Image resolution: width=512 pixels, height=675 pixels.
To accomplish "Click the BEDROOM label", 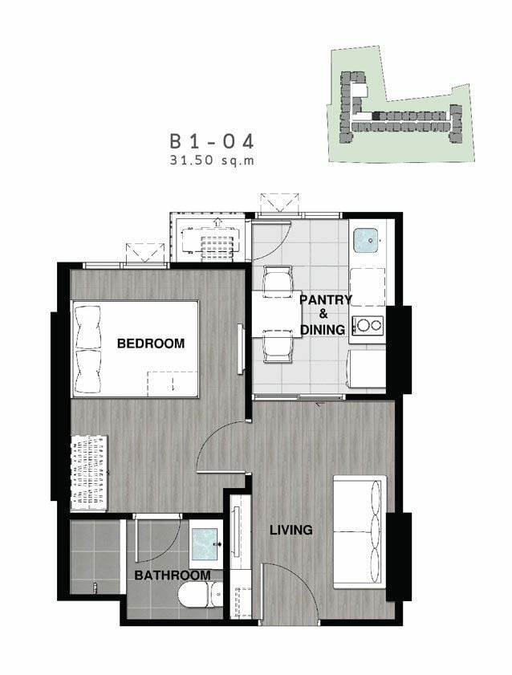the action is pyautogui.click(x=151, y=343).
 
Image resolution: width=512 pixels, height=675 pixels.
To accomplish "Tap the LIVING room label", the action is pyautogui.click(x=291, y=530).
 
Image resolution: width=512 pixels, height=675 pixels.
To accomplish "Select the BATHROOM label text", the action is pyautogui.click(x=173, y=575).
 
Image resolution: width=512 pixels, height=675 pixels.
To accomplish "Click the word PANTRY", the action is pyautogui.click(x=326, y=299).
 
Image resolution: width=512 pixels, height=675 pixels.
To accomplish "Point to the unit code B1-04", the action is pyautogui.click(x=212, y=141).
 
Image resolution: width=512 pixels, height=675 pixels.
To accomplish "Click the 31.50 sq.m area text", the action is pyautogui.click(x=212, y=161).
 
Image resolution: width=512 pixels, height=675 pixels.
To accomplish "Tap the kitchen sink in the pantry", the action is pyautogui.click(x=366, y=240).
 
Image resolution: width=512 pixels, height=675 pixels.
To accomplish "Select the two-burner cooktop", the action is pyautogui.click(x=368, y=325).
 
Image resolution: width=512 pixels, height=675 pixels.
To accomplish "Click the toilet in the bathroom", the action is pyautogui.click(x=201, y=595).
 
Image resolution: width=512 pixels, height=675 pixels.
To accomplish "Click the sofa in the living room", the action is pyautogui.click(x=360, y=532).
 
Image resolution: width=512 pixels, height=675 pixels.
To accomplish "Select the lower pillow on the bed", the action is pyautogui.click(x=88, y=372).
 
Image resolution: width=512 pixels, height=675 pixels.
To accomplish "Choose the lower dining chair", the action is pyautogui.click(x=277, y=347).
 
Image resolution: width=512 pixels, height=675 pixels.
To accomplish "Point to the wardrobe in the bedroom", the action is pyautogui.click(x=89, y=473).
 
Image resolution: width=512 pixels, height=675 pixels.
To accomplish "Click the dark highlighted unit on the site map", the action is pyautogui.click(x=376, y=116).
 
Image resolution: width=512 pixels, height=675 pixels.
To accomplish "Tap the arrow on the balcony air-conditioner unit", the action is pyautogui.click(x=217, y=222).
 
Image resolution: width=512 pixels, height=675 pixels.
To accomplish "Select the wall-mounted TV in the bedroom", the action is pyautogui.click(x=241, y=349).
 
